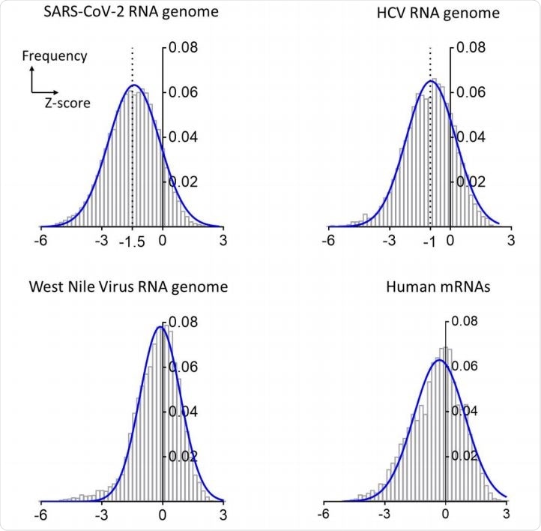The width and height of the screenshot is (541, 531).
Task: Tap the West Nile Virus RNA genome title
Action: (128, 286)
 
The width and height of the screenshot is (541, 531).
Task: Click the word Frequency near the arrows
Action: (55, 55)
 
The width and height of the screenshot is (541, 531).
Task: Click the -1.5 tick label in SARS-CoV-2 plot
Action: (132, 243)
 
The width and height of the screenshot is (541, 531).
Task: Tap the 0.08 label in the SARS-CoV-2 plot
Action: (184, 49)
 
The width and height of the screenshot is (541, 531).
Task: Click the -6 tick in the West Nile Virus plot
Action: (43, 515)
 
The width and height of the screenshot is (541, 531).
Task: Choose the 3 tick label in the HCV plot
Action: (510, 243)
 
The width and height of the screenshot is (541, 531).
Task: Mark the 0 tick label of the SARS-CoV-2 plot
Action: (163, 243)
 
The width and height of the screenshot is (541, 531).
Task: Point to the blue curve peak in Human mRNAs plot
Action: (438, 360)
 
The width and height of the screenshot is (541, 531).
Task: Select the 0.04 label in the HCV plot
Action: (472, 137)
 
